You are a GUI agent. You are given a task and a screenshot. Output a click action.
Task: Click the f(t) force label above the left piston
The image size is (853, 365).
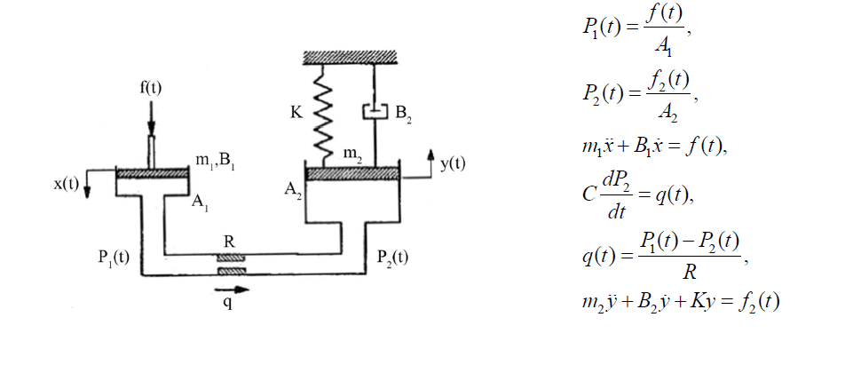(x=150, y=90)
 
